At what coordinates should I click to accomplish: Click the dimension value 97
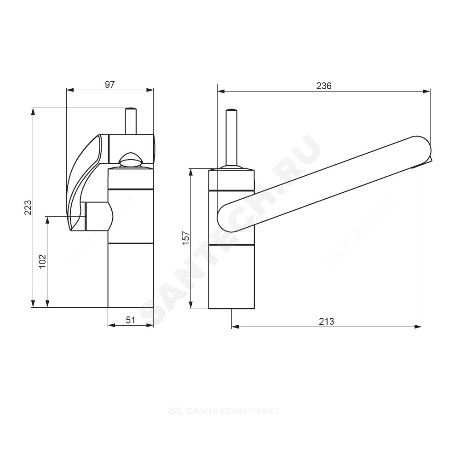(109, 85)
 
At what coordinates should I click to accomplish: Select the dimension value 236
(324, 86)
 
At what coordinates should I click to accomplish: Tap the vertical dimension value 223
(28, 207)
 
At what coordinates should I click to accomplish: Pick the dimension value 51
(131, 320)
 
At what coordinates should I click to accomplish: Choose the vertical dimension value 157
(186, 238)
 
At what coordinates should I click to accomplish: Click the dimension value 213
(327, 321)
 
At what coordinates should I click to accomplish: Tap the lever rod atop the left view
(131, 121)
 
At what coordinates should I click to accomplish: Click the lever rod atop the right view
(231, 138)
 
